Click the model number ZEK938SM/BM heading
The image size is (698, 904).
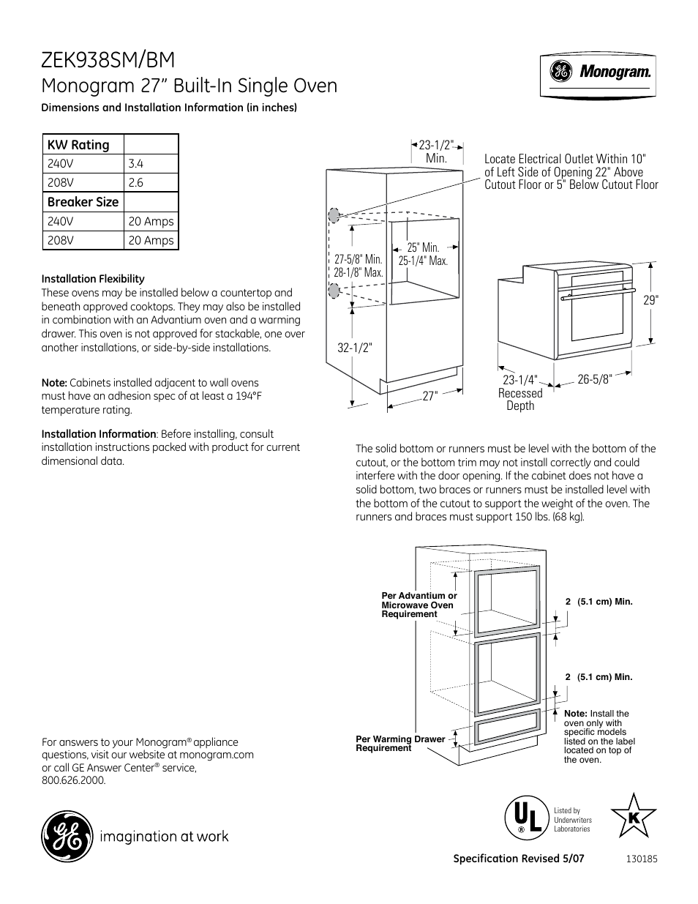(108, 59)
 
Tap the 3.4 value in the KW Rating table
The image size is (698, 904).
(135, 164)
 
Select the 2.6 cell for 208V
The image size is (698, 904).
(135, 183)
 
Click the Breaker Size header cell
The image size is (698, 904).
(83, 202)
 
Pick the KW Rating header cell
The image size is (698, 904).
(78, 145)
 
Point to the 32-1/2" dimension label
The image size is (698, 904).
(355, 348)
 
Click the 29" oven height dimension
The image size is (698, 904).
(651, 300)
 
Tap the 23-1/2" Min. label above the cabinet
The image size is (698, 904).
(436, 152)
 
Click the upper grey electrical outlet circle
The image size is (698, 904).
(334, 215)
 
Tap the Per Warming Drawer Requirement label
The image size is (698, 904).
(400, 744)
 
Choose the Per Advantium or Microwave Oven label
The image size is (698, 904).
(419, 605)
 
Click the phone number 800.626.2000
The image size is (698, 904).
(74, 780)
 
